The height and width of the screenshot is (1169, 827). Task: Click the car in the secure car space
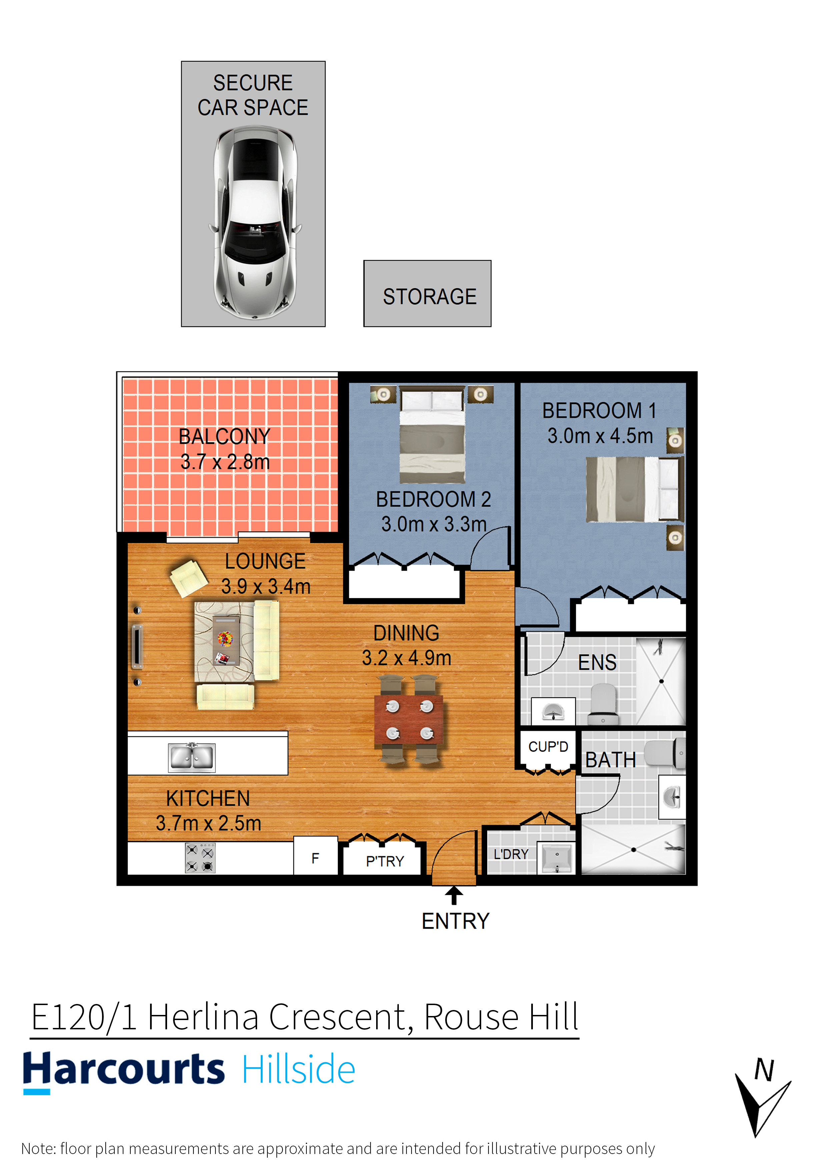point(255,222)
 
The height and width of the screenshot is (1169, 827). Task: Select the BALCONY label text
point(224,436)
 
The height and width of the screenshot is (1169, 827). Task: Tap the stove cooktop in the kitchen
point(200,858)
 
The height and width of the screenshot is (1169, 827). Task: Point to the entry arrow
point(454,896)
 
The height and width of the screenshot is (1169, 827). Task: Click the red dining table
point(408,719)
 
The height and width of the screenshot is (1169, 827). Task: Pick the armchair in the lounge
point(188,578)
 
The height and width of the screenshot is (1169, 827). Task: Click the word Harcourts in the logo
point(124,1069)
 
